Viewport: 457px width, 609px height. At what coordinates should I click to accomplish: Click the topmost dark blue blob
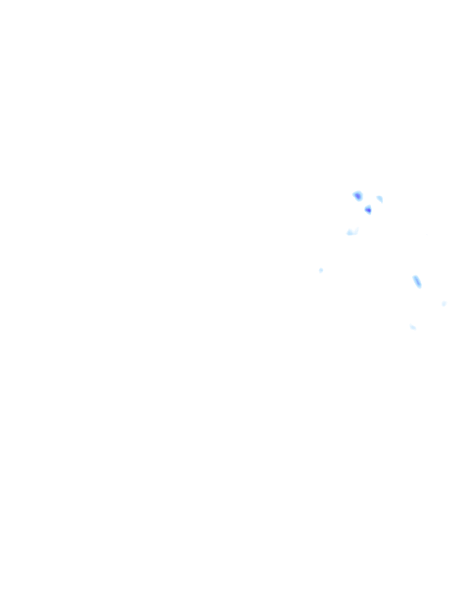(358, 196)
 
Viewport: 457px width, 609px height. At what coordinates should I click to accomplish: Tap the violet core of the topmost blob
(358, 196)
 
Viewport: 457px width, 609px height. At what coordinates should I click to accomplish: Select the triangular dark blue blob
(368, 209)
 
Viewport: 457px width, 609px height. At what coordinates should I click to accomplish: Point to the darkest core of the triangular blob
(368, 209)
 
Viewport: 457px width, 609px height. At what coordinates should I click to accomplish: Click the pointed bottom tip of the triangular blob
(370, 214)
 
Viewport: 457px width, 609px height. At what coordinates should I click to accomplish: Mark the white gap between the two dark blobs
(363, 203)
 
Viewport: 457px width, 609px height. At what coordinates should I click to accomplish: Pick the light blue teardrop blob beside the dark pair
(380, 199)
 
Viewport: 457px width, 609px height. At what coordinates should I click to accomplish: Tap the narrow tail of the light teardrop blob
(381, 202)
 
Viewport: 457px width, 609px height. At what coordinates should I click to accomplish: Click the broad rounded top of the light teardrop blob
(378, 197)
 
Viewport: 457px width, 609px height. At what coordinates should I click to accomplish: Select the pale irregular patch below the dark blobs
(352, 232)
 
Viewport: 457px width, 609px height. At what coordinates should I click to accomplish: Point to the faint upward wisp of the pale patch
(356, 229)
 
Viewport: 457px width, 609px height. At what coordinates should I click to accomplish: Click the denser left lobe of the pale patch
(349, 233)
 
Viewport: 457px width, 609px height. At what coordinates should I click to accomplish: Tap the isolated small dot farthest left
(321, 271)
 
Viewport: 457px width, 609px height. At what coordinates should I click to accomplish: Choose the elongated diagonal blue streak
(417, 281)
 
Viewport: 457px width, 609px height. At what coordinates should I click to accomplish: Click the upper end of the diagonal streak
(415, 277)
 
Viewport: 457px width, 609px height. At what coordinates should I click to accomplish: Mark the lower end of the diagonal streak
(420, 286)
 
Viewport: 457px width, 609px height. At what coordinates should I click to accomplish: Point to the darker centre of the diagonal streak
(417, 281)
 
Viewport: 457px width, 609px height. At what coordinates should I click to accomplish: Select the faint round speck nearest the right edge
(444, 303)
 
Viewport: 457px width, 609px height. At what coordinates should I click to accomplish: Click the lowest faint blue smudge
(412, 327)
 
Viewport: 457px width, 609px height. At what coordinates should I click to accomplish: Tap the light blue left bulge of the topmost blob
(355, 194)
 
